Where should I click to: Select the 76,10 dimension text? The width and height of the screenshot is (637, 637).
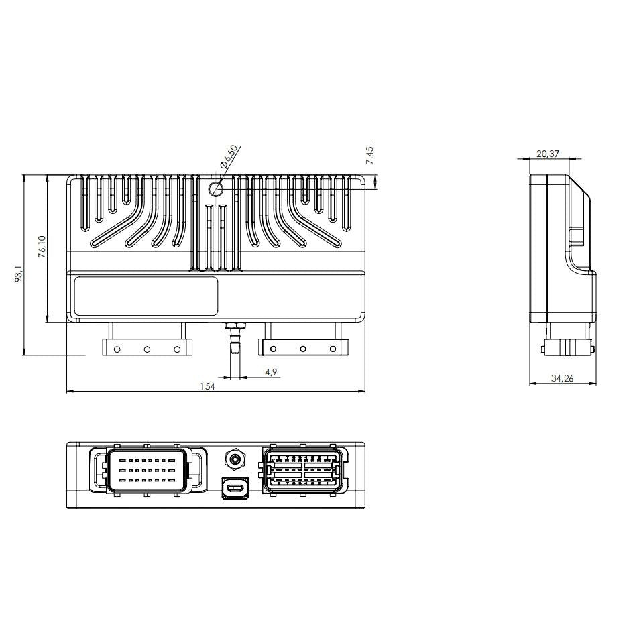(42, 247)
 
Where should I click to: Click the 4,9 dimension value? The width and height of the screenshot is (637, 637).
(270, 371)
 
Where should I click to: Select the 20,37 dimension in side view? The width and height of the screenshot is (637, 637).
(548, 154)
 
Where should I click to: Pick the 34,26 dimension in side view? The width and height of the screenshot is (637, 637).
(562, 379)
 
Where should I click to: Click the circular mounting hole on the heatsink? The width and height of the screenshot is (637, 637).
(216, 189)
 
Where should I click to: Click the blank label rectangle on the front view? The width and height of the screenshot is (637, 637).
(146, 296)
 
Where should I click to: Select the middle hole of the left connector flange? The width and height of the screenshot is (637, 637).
(147, 349)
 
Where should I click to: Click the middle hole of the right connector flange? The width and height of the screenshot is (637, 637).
(303, 349)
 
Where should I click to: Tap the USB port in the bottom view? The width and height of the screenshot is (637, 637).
(235, 487)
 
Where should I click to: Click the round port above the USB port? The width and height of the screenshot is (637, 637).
(235, 460)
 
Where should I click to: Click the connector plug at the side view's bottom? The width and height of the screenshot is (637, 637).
(567, 345)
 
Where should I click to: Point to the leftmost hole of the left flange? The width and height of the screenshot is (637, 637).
(117, 349)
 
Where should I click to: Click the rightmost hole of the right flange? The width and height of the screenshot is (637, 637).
(333, 349)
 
